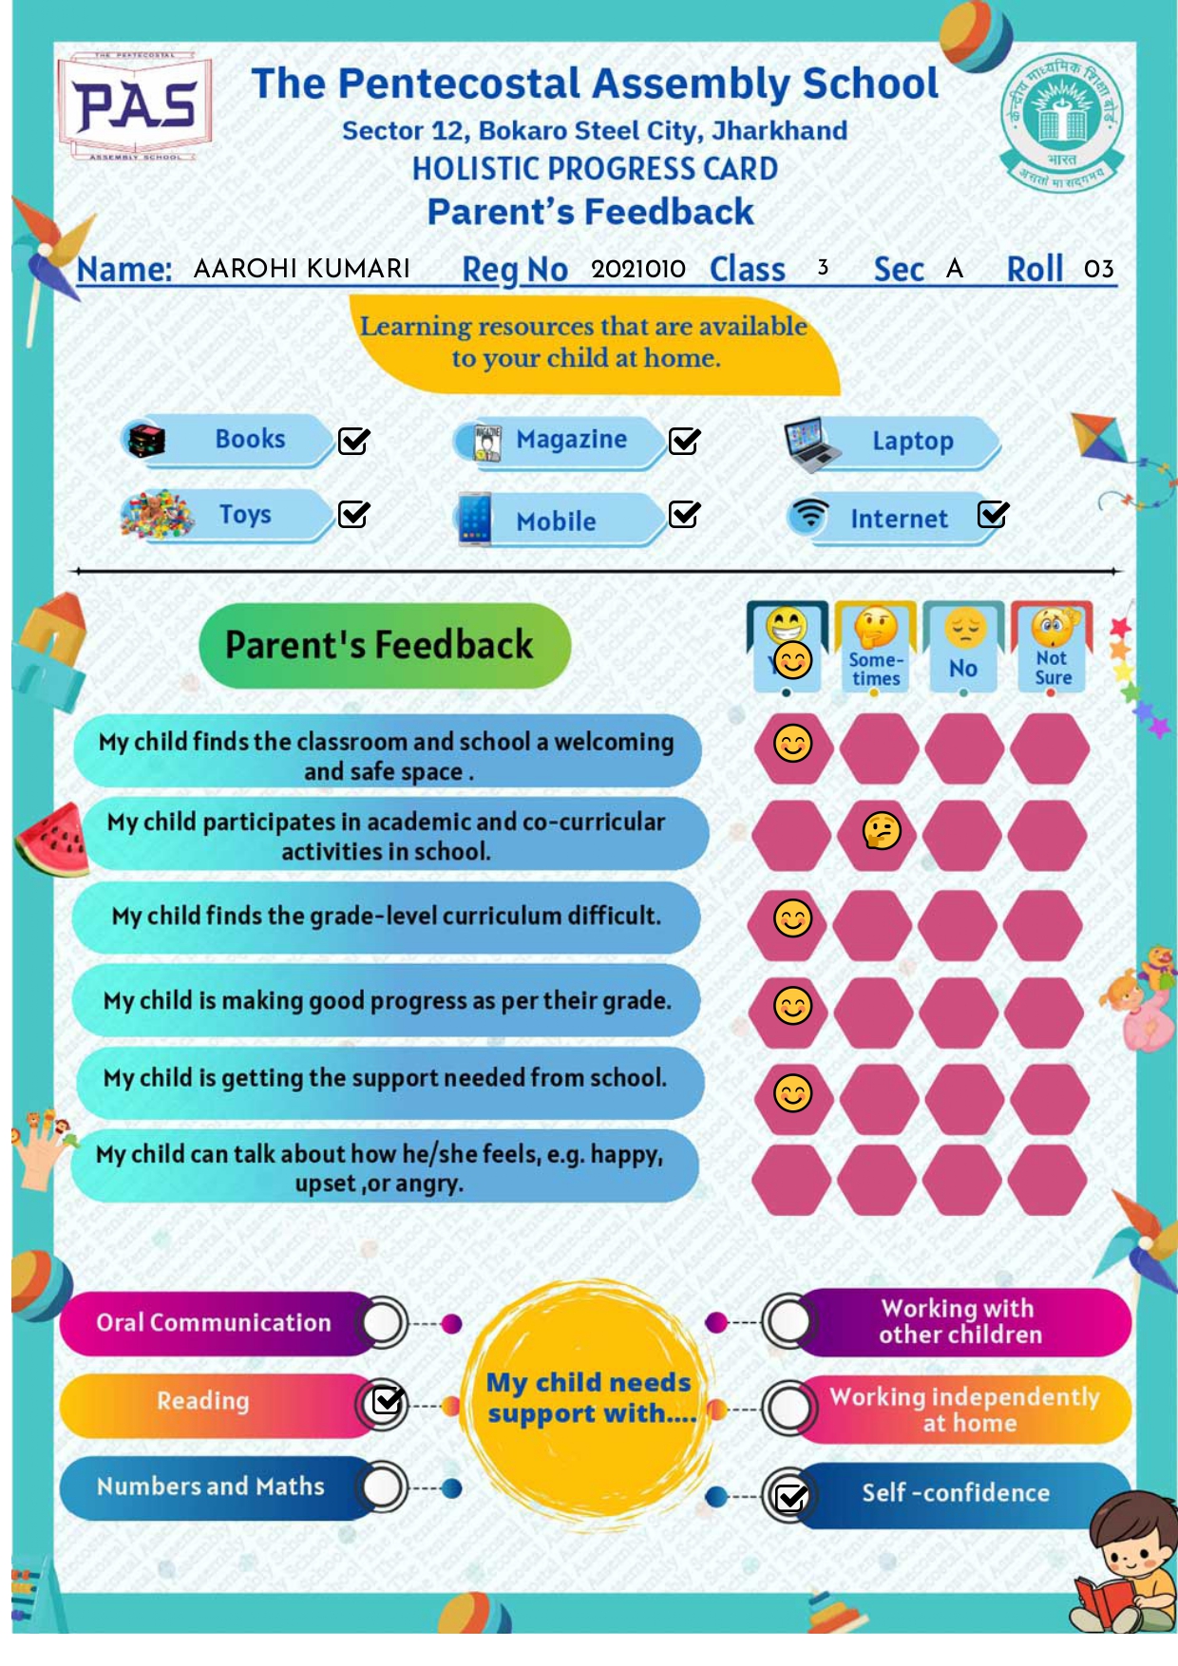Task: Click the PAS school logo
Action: point(135,105)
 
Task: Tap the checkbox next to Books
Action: point(353,441)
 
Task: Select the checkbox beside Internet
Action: point(993,514)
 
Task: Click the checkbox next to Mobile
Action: point(684,515)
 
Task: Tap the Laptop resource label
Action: point(912,442)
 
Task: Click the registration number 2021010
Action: point(637,269)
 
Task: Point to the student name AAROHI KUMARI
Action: point(301,269)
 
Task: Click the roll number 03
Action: point(1098,269)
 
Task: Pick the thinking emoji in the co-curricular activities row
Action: point(882,831)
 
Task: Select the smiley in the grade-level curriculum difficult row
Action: point(793,918)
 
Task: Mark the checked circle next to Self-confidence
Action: point(790,1497)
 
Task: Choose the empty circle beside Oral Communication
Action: point(383,1322)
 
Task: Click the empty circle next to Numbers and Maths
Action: point(383,1487)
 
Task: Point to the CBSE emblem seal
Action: point(1062,120)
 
